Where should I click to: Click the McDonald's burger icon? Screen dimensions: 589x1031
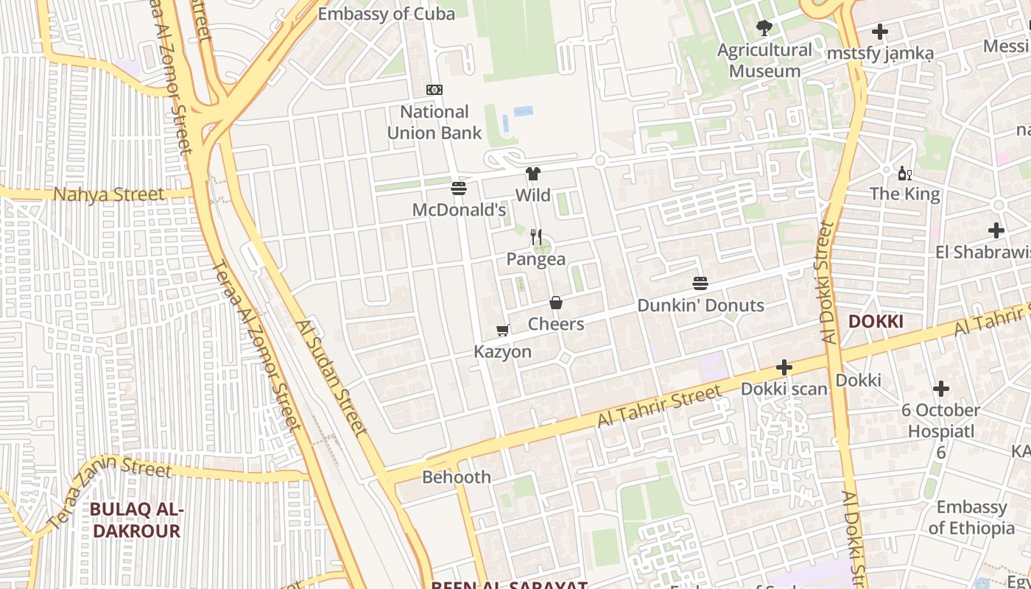point(459,189)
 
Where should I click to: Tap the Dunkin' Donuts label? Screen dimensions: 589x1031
point(700,305)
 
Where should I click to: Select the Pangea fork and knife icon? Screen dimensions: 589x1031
point(536,237)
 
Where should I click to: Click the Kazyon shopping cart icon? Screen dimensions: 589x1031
point(503,331)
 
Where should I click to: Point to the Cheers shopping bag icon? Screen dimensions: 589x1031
point(556,303)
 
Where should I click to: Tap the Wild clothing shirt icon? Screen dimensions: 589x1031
point(533,174)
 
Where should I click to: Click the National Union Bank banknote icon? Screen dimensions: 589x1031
point(434,90)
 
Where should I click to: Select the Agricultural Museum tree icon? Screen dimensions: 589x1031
point(764,28)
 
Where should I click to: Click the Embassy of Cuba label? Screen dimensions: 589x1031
point(386,13)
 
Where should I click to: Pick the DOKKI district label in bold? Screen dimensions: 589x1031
point(876,322)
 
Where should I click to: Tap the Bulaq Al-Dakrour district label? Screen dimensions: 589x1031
point(136,520)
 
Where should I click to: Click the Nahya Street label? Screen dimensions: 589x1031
point(109,195)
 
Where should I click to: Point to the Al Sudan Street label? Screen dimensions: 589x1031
point(331,378)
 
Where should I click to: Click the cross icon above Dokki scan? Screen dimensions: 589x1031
point(784,367)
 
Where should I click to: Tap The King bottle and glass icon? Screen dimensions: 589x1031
point(905,174)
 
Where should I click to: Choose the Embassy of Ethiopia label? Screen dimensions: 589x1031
point(971,518)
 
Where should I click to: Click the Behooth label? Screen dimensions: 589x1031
point(457,477)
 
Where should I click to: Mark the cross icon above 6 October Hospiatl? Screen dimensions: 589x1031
point(941,389)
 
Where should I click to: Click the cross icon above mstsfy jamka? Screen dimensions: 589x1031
point(880,32)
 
